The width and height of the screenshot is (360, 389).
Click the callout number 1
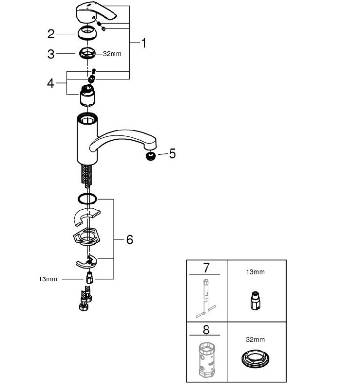pyautogui.click(x=144, y=43)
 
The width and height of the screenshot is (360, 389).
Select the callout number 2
pyautogui.click(x=51, y=34)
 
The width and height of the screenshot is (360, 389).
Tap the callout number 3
pyautogui.click(x=51, y=54)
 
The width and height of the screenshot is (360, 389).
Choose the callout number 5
pyautogui.click(x=172, y=154)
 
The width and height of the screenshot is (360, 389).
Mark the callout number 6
pyautogui.click(x=129, y=240)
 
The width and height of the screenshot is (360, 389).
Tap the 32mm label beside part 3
pyautogui.click(x=112, y=54)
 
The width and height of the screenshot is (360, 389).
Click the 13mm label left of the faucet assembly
pyautogui.click(x=48, y=279)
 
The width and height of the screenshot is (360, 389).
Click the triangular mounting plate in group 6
pyautogui.click(x=88, y=238)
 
